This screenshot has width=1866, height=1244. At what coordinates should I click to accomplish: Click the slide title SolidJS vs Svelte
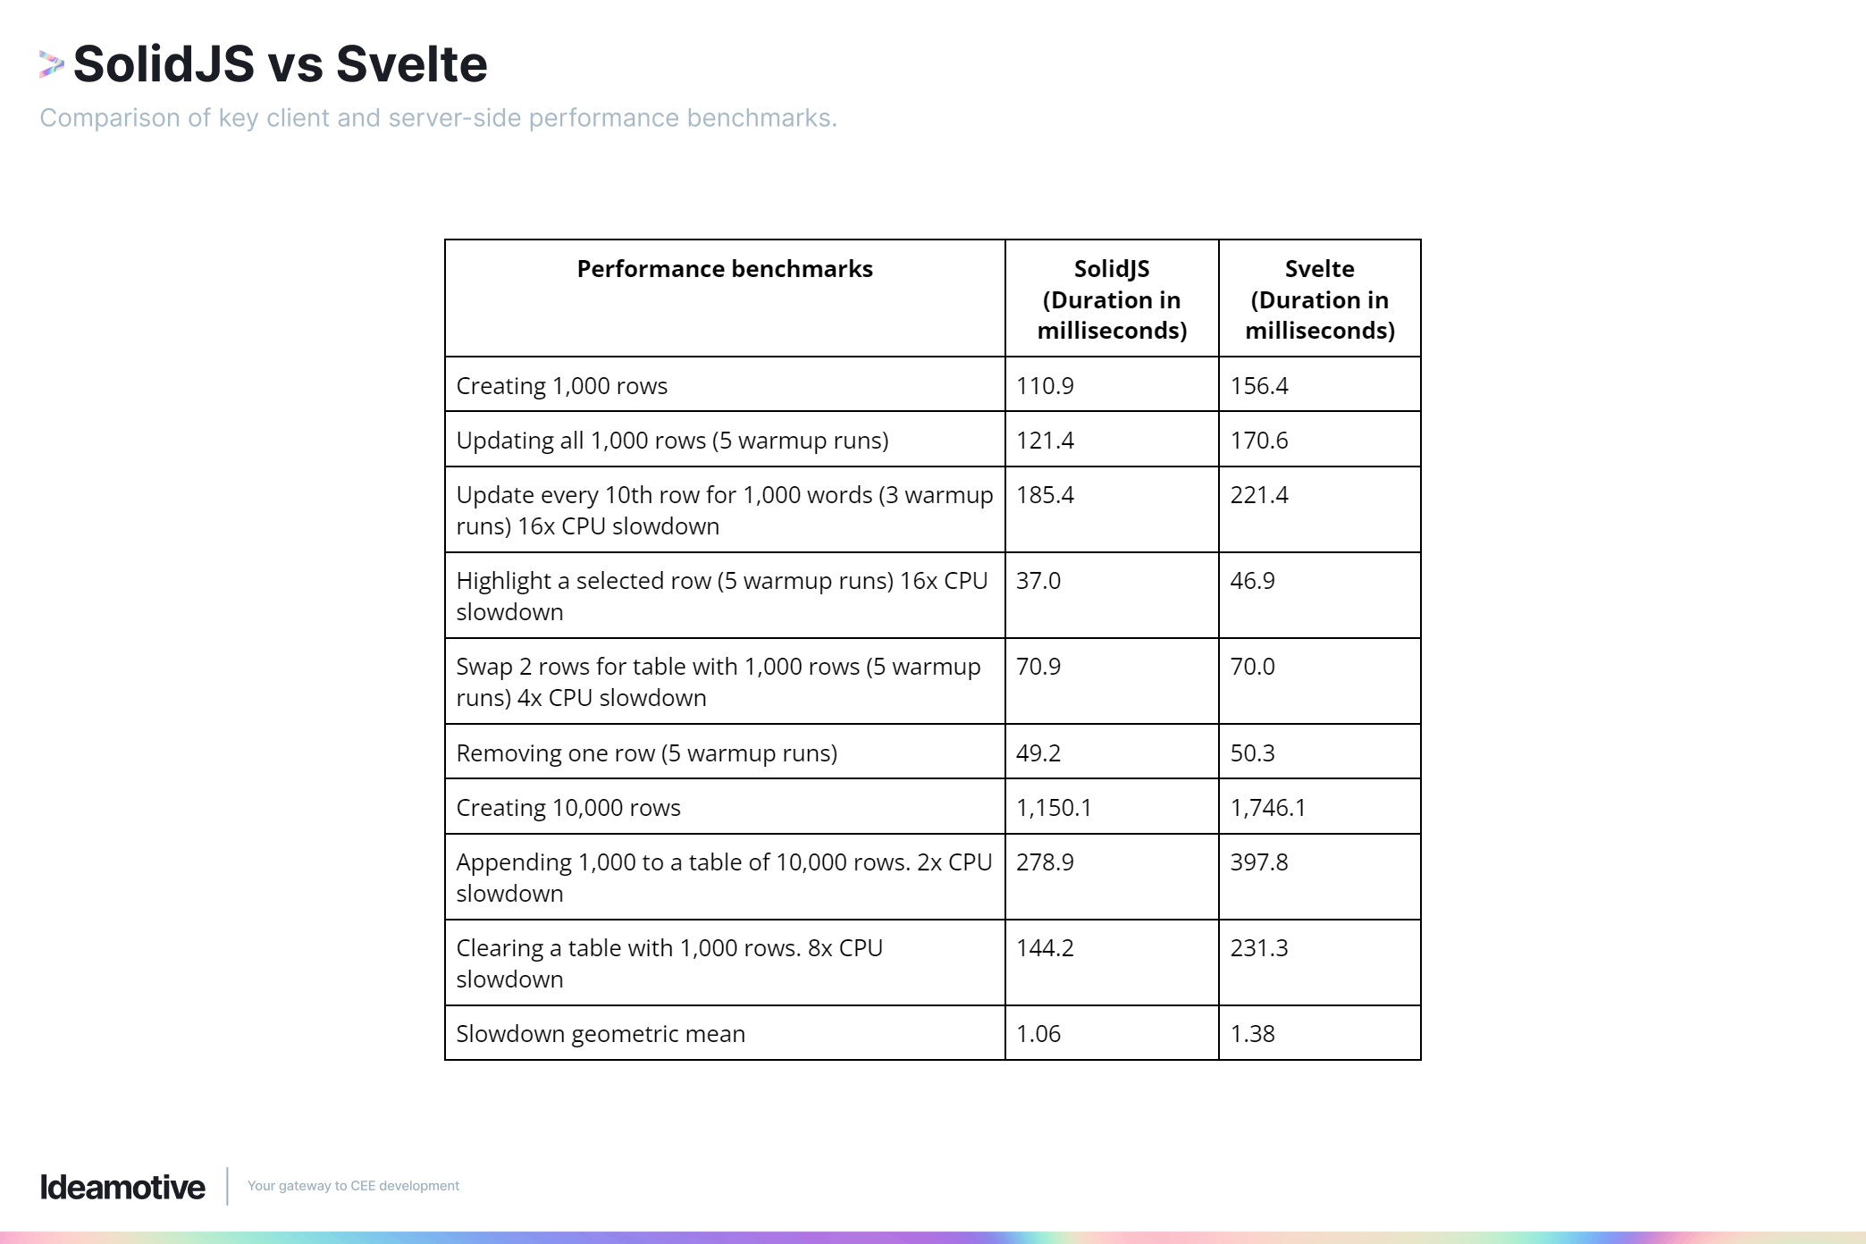coord(280,64)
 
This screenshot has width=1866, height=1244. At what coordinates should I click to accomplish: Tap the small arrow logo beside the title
coord(52,64)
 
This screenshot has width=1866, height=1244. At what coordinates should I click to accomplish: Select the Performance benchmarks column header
coord(724,269)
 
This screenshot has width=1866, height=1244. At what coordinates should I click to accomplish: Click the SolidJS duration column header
coord(1112,299)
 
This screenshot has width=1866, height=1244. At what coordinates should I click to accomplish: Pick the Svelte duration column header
coord(1319,299)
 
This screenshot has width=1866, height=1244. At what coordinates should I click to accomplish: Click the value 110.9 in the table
coord(1045,386)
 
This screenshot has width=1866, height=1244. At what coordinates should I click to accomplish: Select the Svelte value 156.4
coord(1258,386)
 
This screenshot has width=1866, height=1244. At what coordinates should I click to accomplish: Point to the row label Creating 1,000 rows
coord(561,386)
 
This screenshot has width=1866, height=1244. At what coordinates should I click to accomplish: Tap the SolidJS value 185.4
coord(1045,495)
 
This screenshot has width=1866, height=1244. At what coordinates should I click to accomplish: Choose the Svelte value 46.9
coord(1252,581)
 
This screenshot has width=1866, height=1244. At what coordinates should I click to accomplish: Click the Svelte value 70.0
coord(1252,667)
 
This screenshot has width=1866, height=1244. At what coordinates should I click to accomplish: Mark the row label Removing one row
coord(646,753)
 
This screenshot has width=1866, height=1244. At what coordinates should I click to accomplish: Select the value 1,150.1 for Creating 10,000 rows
coord(1054,808)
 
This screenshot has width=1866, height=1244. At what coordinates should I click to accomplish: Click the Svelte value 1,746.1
coord(1267,808)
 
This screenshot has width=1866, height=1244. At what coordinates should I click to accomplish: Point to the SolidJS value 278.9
coord(1045,862)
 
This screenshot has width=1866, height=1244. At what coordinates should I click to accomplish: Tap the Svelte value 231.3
coord(1258,948)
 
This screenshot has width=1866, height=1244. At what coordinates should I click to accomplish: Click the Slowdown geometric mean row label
coord(600,1034)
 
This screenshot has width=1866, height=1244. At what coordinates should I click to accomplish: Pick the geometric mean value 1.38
coord(1252,1034)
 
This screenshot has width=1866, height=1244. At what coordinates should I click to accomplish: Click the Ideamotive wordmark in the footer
coord(122,1187)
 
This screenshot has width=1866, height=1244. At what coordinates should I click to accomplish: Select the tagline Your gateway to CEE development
coord(353,1186)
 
